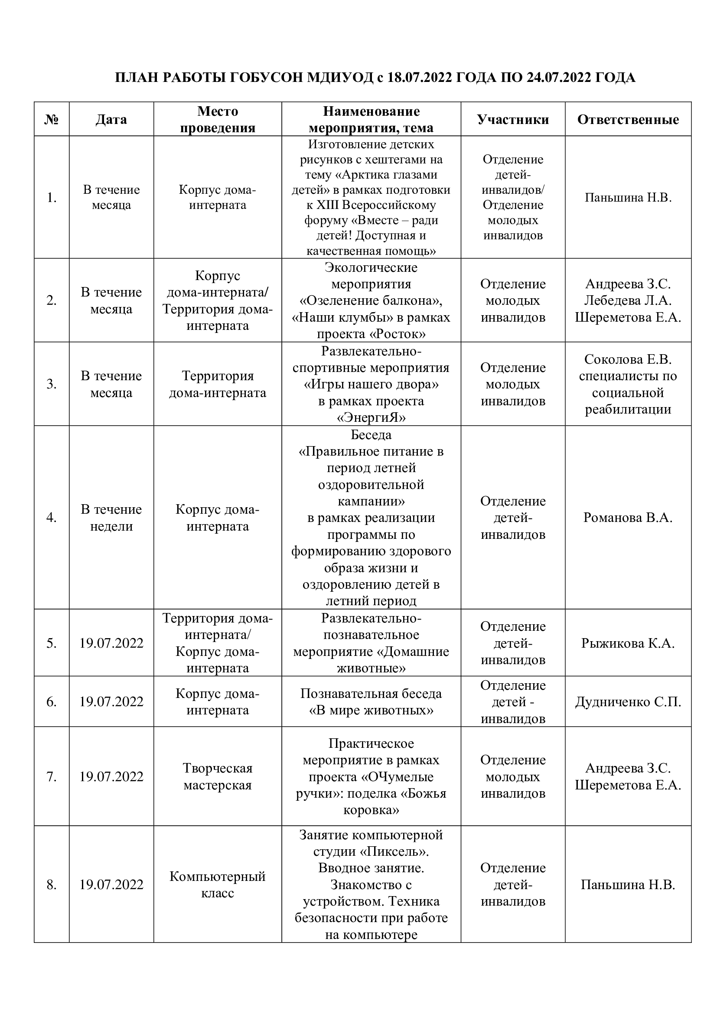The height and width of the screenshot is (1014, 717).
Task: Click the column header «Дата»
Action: pos(111,119)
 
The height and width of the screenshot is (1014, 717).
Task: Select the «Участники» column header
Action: pos(512,119)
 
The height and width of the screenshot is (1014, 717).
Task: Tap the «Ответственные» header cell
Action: pos(628,119)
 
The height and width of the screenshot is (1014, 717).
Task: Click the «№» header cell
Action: pos(52,119)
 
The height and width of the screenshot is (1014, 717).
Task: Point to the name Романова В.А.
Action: pos(628,517)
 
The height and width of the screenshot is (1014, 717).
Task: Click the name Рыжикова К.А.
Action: pos(628,643)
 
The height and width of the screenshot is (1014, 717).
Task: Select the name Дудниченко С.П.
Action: pos(628,702)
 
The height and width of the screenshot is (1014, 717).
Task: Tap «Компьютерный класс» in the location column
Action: pos(218,885)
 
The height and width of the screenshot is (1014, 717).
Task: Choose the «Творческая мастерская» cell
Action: pos(218,776)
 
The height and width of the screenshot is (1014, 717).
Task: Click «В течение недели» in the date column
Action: pos(111,518)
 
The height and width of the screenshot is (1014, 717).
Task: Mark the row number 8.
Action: pos(52,885)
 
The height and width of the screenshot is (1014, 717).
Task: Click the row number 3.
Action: pos(52,384)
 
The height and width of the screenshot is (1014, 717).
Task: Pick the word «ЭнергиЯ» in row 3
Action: pos(372,418)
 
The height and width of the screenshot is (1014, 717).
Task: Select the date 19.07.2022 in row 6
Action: pos(111,702)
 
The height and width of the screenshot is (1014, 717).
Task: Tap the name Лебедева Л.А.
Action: pos(628,300)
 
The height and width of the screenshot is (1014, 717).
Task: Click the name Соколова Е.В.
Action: pos(628,359)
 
